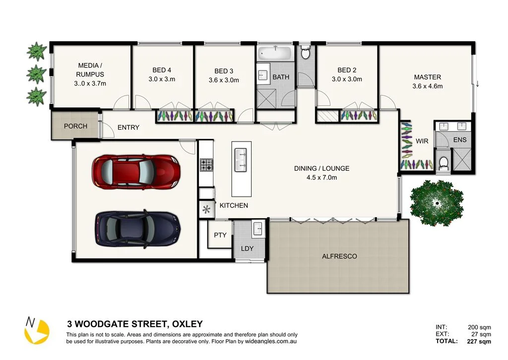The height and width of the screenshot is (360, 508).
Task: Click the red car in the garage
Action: pyautogui.click(x=135, y=172)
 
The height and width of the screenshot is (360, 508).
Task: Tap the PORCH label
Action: pyautogui.click(x=75, y=126)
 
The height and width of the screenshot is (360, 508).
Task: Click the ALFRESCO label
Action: pyautogui.click(x=339, y=256)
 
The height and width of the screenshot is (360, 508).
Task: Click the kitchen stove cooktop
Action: pyautogui.click(x=206, y=165)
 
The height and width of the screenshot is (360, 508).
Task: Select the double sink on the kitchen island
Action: pyautogui.click(x=242, y=159)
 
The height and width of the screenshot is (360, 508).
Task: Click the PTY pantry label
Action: pyautogui.click(x=220, y=235)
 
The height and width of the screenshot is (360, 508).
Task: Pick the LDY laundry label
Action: pyautogui.click(x=247, y=248)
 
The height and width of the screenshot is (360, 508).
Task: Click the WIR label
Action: pyautogui.click(x=422, y=142)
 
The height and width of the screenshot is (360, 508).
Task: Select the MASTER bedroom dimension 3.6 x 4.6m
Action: pyautogui.click(x=427, y=86)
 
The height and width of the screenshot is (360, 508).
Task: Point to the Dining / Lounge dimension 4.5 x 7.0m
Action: pyautogui.click(x=321, y=177)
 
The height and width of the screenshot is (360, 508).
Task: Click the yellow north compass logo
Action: pyautogui.click(x=37, y=331)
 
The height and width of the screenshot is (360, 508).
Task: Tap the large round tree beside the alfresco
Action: pyautogui.click(x=437, y=203)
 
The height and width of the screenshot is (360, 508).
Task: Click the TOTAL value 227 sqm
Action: pyautogui.click(x=479, y=342)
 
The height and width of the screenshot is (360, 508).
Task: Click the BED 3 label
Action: pyautogui.click(x=224, y=71)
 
